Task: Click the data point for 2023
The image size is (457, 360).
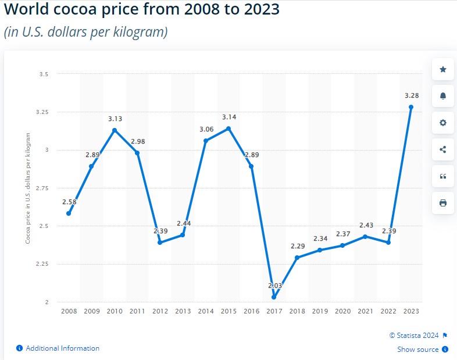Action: click(x=411, y=107)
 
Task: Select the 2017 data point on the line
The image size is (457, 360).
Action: click(x=274, y=297)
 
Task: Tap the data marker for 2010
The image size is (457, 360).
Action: click(x=115, y=130)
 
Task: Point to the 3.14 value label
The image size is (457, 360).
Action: click(x=228, y=117)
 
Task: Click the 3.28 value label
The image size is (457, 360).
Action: click(x=411, y=95)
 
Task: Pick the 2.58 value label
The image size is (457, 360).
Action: click(x=69, y=202)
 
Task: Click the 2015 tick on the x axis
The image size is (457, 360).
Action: click(x=228, y=311)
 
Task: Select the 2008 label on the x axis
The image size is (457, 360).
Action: click(x=69, y=311)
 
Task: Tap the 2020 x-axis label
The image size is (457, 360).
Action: click(x=342, y=311)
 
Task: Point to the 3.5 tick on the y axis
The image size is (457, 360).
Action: click(x=44, y=74)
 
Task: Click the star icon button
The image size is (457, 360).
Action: click(x=443, y=69)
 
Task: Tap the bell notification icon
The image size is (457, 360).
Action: click(x=443, y=96)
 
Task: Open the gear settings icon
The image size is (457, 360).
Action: click(x=443, y=123)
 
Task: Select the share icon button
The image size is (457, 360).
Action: click(x=443, y=149)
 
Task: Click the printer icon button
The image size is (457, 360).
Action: click(x=443, y=203)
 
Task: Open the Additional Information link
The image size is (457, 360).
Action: click(x=62, y=348)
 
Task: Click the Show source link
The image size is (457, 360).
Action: click(x=418, y=350)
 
